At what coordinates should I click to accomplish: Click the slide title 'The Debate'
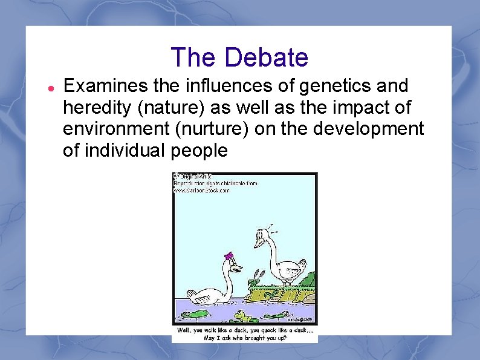click(239, 57)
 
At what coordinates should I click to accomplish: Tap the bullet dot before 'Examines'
click(52, 88)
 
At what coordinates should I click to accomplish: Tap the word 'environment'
click(111, 129)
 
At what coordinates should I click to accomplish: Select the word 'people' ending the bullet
click(199, 150)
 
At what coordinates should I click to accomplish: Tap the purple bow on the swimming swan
click(229, 256)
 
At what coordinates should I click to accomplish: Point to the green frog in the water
click(244, 315)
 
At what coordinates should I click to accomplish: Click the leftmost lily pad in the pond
click(195, 315)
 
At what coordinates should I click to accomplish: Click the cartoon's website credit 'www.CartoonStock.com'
click(202, 190)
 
